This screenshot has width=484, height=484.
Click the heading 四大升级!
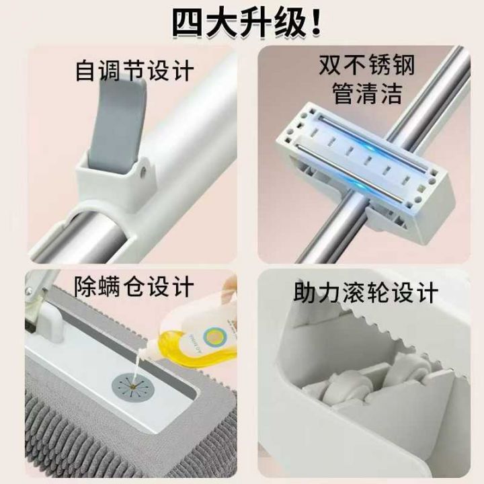pyautogui.click(x=246, y=22)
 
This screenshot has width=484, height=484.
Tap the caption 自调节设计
pyautogui.click(x=134, y=71)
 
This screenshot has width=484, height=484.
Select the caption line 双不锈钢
pyautogui.click(x=367, y=65)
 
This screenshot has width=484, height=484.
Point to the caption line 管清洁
pyautogui.click(x=367, y=93)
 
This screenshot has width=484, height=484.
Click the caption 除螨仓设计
pyautogui.click(x=134, y=286)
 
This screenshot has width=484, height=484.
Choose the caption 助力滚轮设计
pyautogui.click(x=366, y=292)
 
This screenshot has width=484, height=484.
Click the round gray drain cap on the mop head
pyautogui.click(x=132, y=385)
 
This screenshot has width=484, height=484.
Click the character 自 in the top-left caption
pyautogui.click(x=85, y=71)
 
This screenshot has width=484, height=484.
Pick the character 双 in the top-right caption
pyautogui.click(x=329, y=65)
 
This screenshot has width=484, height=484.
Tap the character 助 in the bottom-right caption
pyautogui.click(x=305, y=292)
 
